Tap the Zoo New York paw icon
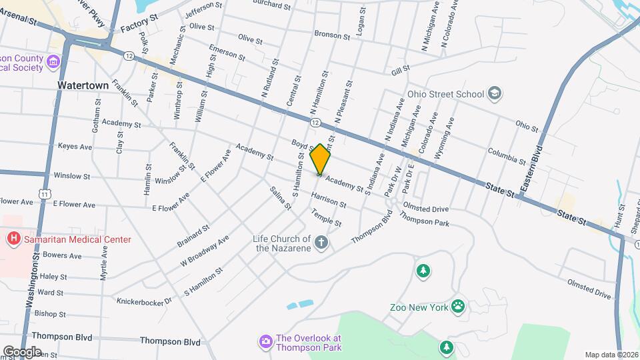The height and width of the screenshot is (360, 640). [458, 307]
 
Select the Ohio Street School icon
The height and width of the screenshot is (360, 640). [495, 93]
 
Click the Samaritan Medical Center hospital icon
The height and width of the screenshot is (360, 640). [12, 239]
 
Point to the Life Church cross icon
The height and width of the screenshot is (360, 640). [321, 242]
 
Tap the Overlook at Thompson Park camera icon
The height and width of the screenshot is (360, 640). [265, 341]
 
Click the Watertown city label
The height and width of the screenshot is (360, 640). [83, 86]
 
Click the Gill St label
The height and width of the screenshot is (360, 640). [400, 69]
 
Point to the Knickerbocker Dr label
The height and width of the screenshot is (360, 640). [144, 301]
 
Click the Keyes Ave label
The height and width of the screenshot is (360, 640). [75, 146]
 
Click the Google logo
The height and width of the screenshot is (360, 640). [22, 351]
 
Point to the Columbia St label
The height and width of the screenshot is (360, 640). [507, 155]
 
